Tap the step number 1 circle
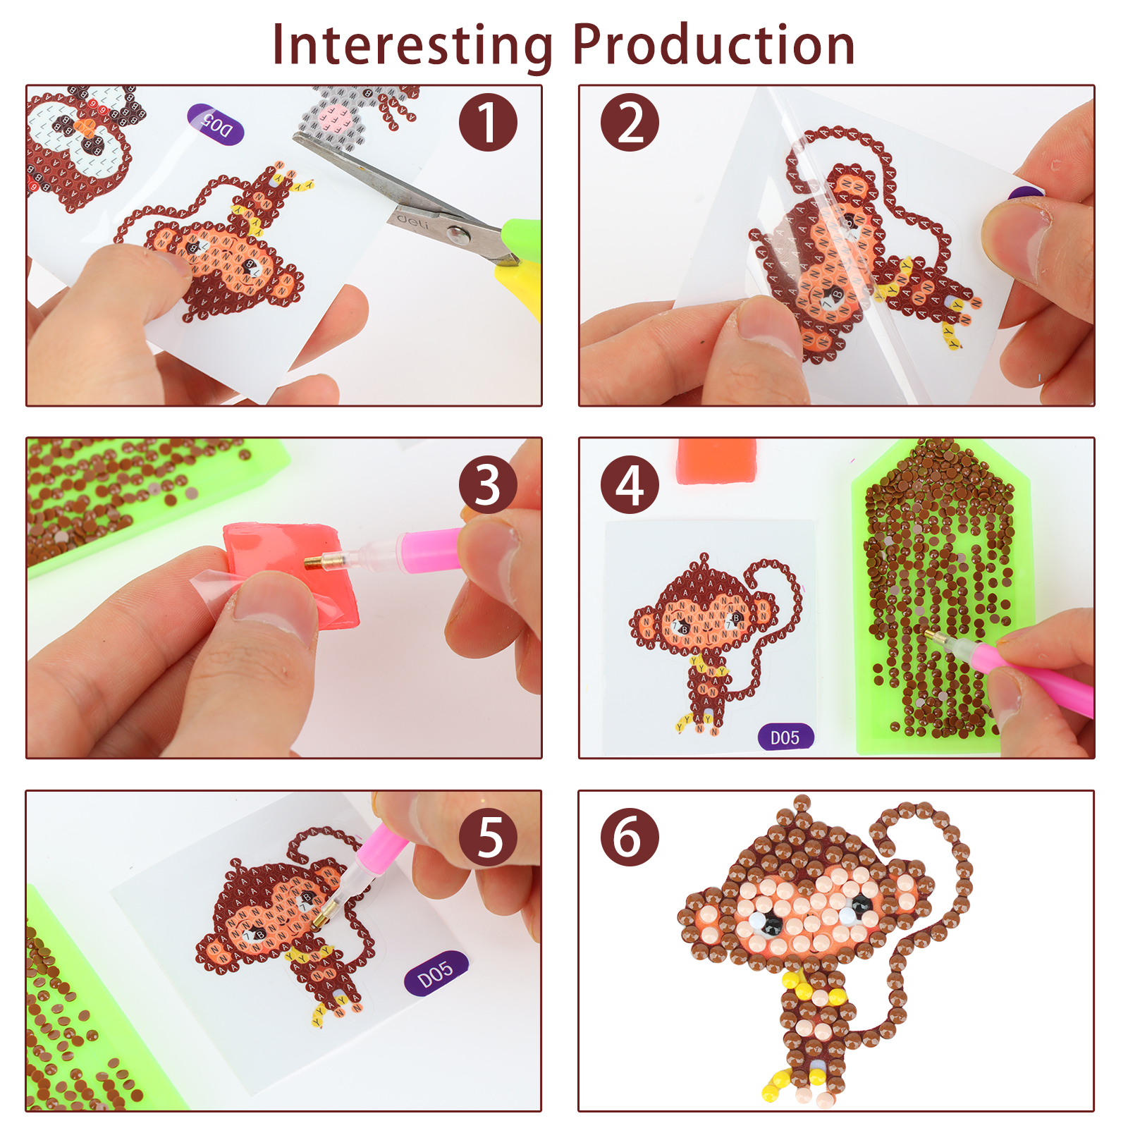(x=488, y=122)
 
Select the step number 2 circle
(x=630, y=122)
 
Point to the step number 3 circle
(x=488, y=484)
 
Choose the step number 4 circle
(x=630, y=484)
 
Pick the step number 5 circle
(x=488, y=837)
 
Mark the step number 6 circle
(x=630, y=837)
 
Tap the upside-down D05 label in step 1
(x=216, y=124)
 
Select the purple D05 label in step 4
(x=785, y=737)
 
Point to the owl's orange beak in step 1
(x=86, y=127)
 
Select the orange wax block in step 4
(x=716, y=461)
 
